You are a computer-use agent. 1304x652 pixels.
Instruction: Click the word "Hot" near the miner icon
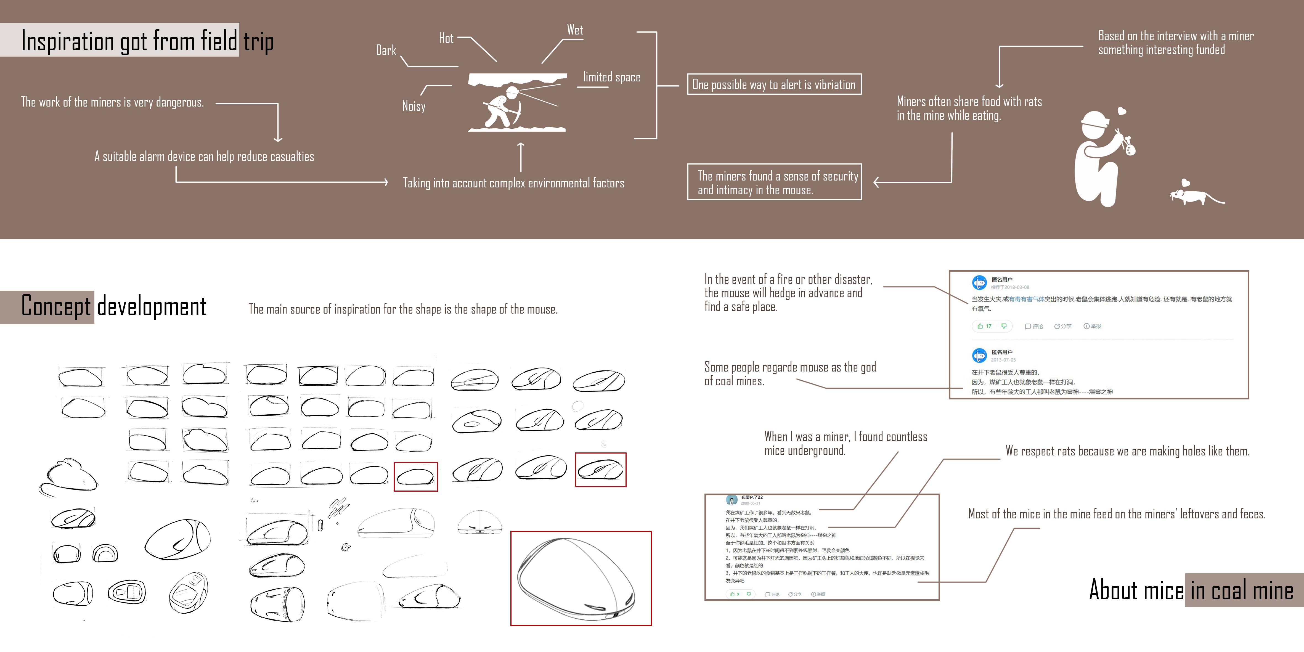[x=446, y=38]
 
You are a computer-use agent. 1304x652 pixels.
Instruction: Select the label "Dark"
[x=386, y=51]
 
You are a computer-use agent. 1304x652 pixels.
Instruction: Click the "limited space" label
[x=611, y=77]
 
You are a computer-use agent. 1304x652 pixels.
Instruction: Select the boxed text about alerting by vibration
[x=773, y=84]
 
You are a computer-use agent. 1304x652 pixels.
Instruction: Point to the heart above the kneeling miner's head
[x=1122, y=111]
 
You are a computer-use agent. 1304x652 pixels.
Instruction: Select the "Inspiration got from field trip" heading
[x=147, y=41]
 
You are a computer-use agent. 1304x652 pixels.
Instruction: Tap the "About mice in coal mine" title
[x=1191, y=590]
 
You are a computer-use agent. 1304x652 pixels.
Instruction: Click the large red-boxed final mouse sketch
[x=581, y=578]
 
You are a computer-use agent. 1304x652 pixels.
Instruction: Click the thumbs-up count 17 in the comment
[x=988, y=326]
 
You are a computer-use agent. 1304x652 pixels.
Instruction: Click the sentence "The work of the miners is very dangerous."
[x=112, y=102]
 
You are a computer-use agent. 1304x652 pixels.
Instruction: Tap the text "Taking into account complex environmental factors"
[x=513, y=183]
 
